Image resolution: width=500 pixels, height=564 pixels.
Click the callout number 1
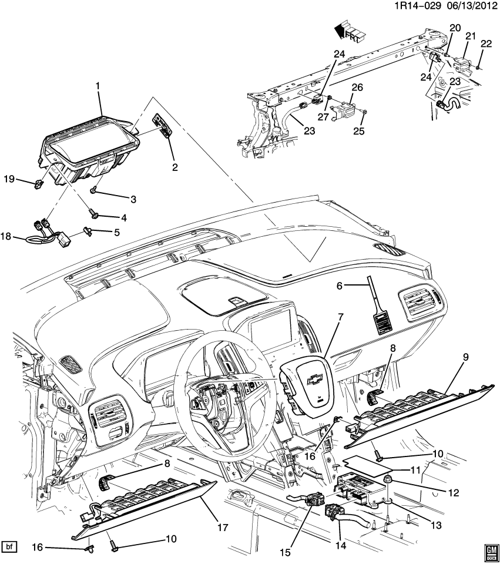click(98, 85)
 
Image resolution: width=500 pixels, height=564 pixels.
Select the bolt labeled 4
click(92, 212)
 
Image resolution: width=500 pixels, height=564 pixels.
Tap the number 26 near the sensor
click(357, 88)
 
